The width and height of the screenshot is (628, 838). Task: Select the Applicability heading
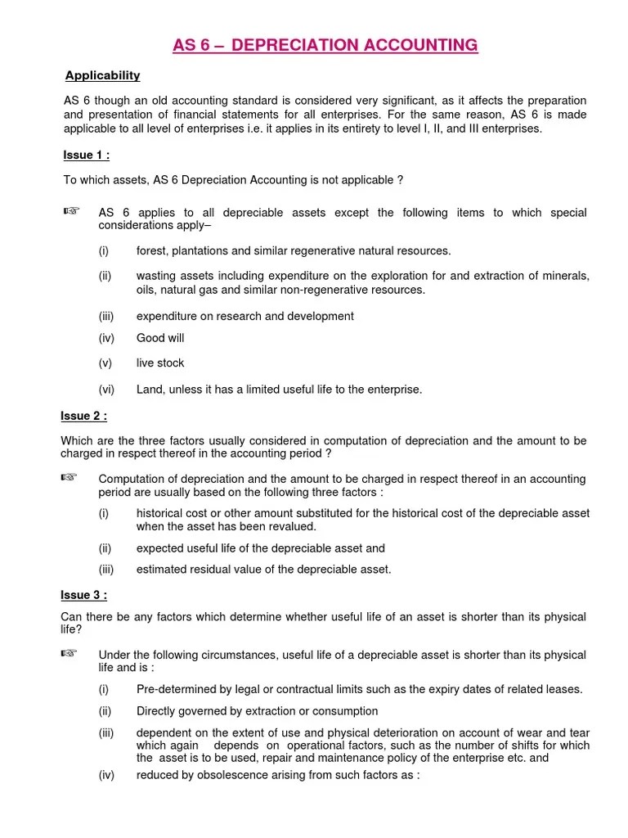(x=102, y=75)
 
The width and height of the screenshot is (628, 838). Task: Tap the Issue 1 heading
(x=86, y=155)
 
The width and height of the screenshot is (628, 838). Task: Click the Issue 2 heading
(x=84, y=416)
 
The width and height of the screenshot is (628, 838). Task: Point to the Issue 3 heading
(x=84, y=595)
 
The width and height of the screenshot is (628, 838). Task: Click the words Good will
(x=160, y=338)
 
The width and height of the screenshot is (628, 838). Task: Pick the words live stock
(x=160, y=363)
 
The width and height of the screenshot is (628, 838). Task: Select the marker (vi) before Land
(x=106, y=390)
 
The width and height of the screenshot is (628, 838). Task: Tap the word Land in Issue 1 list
(x=150, y=390)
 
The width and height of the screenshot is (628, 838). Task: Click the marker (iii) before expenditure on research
(x=107, y=316)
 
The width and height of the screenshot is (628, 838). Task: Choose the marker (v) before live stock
(x=105, y=363)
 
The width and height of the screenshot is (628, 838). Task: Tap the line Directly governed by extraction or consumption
(x=257, y=711)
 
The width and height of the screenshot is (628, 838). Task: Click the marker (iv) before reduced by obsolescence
(x=106, y=774)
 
